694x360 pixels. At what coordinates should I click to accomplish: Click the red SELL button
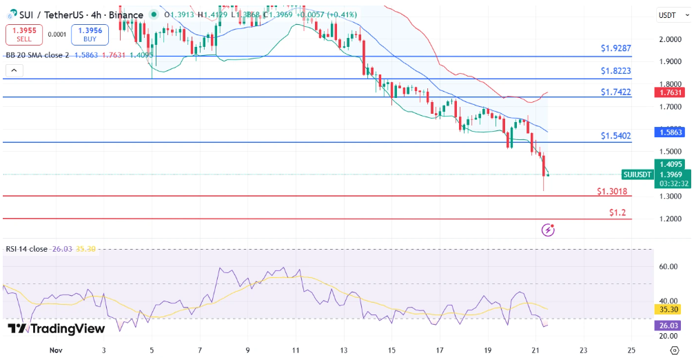tap(24, 34)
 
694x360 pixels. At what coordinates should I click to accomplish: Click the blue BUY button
tap(90, 34)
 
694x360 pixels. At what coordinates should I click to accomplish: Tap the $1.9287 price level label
tap(615, 49)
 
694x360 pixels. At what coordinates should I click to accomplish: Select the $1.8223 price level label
tap(615, 71)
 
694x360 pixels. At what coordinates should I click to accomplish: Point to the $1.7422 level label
tap(615, 92)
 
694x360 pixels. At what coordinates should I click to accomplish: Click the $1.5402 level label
tap(615, 136)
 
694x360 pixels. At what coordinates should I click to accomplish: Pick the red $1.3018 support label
tap(612, 191)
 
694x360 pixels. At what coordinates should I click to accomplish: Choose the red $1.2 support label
tap(618, 213)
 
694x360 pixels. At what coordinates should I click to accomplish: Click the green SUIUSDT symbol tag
tap(637, 174)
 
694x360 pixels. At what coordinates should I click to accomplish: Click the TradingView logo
tap(57, 329)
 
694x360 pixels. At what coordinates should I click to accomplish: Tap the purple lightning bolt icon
tap(549, 230)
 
